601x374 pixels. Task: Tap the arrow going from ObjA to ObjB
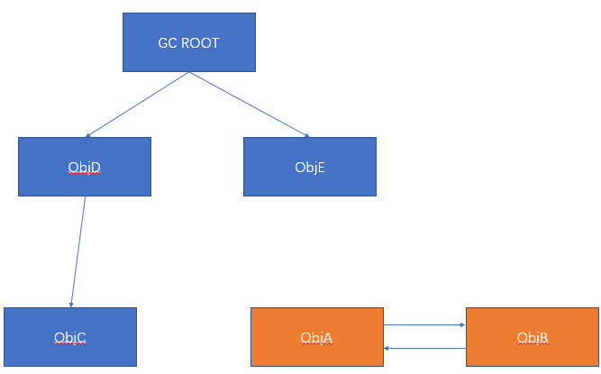[x=423, y=325]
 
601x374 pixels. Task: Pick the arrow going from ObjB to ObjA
[x=423, y=347]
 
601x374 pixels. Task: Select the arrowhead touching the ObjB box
[x=461, y=325]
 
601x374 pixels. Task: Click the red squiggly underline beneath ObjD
[x=84, y=173]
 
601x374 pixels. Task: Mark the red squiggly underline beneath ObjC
[x=69, y=344]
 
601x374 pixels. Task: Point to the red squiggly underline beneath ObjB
[x=533, y=344]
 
